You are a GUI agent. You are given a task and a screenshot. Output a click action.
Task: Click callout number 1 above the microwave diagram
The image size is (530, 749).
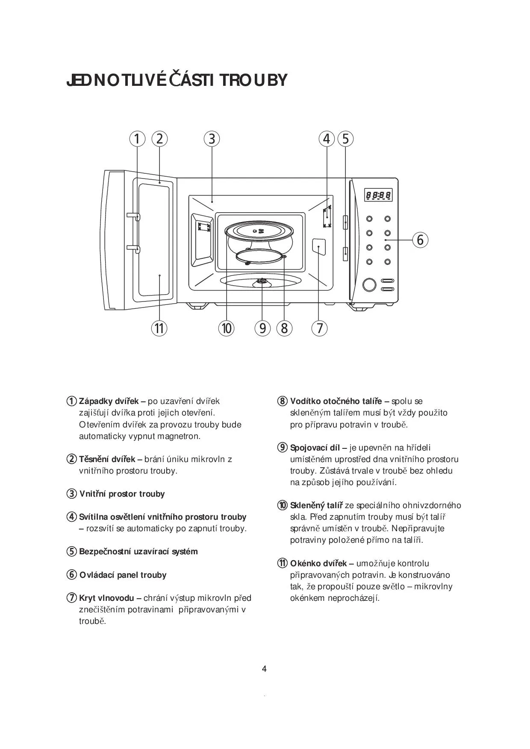click(137, 139)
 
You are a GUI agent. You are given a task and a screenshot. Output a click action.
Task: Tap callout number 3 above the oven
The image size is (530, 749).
click(212, 139)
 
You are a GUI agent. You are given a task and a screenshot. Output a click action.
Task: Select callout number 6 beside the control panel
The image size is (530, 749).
click(420, 240)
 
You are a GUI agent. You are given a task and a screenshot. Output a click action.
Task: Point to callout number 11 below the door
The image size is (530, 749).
click(159, 328)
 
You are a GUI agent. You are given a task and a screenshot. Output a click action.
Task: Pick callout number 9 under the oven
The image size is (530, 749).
click(262, 328)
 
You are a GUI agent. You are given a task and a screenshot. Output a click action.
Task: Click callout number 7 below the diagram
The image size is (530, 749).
click(319, 328)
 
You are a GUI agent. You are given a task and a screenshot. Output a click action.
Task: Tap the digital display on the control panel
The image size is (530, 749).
click(378, 196)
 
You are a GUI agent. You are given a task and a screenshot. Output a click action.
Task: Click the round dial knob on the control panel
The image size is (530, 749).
click(369, 284)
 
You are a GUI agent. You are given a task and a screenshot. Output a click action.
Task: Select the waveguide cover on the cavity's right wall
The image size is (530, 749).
click(319, 247)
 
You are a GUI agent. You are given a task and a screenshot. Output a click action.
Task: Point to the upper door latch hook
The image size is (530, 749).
click(133, 216)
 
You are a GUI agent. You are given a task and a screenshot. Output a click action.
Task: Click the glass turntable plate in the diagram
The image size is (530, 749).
click(259, 231)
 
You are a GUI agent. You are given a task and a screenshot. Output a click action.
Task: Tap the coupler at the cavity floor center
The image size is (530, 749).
click(260, 281)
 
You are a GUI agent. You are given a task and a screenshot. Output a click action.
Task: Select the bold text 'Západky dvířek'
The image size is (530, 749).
click(109, 401)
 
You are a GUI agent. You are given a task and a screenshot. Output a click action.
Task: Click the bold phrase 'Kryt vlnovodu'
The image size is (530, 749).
click(106, 598)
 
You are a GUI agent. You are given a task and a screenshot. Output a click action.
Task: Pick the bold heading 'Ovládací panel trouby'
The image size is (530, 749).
click(123, 575)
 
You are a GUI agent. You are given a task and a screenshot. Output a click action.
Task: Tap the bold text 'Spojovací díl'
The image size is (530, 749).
click(315, 448)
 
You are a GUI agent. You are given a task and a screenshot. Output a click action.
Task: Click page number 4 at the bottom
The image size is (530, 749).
click(264, 669)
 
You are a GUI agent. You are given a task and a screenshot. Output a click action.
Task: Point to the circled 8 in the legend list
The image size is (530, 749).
click(282, 401)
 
